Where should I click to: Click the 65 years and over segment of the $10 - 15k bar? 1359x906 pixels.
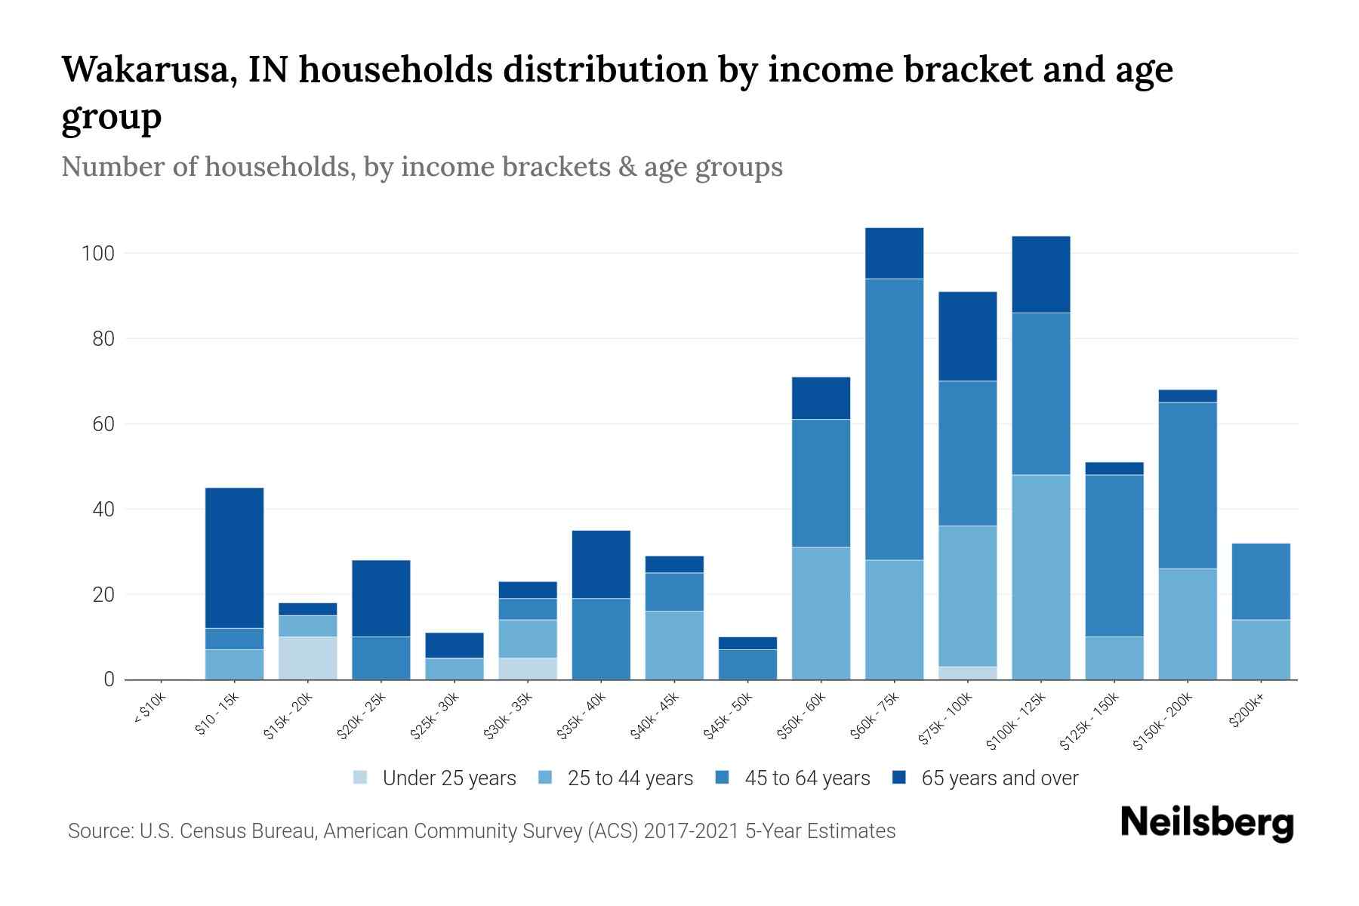pyautogui.click(x=234, y=558)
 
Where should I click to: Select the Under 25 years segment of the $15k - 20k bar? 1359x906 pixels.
pyautogui.click(x=307, y=658)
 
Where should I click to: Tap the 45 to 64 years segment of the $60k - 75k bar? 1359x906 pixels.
pyautogui.click(x=894, y=419)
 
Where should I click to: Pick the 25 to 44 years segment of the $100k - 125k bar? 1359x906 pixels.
pyautogui.click(x=1040, y=577)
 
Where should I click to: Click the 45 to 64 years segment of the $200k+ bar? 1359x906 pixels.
pyautogui.click(x=1260, y=581)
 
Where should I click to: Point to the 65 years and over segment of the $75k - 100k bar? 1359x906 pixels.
pyautogui.click(x=967, y=336)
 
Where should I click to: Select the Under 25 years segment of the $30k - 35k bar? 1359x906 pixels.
pyautogui.click(x=527, y=669)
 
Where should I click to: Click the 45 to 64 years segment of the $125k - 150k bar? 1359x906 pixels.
pyautogui.click(x=1114, y=555)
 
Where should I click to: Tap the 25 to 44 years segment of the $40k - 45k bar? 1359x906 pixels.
pyautogui.click(x=673, y=646)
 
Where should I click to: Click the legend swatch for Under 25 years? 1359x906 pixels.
pyautogui.click(x=361, y=778)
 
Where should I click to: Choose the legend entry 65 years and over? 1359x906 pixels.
pyautogui.click(x=999, y=778)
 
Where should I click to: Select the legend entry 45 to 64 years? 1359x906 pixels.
pyautogui.click(x=806, y=778)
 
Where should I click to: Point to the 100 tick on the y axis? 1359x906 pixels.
pyautogui.click(x=97, y=254)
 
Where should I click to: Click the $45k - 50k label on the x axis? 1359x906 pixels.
pyautogui.click(x=726, y=716)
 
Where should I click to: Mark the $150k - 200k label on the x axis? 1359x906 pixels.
pyautogui.click(x=1163, y=721)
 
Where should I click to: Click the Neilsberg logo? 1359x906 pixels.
pyautogui.click(x=1206, y=823)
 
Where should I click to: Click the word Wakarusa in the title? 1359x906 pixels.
pyautogui.click(x=148, y=69)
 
